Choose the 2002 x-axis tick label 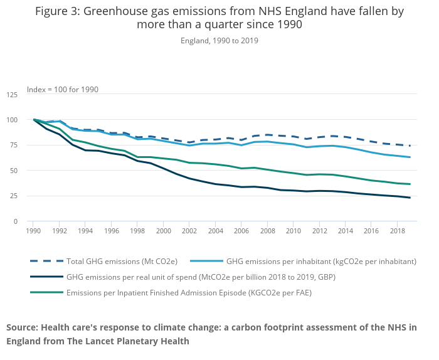(x=189, y=231)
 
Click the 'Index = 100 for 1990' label (x=63, y=90)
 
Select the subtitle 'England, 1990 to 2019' (x=219, y=41)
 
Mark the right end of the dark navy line (x=410, y=198)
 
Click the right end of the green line (x=410, y=184)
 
